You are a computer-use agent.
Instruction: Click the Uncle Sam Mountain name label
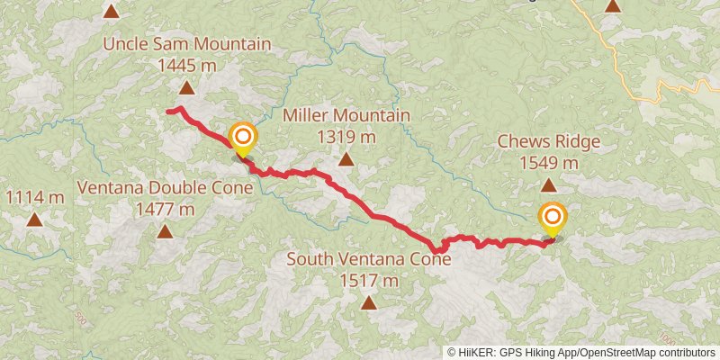pos(187,44)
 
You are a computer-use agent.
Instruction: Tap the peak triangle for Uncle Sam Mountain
pos(186,87)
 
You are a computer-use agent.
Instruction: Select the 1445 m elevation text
pos(187,65)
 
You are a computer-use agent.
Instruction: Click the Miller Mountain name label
pos(346,115)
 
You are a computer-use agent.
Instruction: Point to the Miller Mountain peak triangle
pos(346,159)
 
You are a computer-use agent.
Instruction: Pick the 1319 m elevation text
pos(346,137)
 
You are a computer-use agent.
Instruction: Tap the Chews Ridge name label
pos(548,141)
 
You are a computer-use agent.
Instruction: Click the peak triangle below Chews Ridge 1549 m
pos(548,184)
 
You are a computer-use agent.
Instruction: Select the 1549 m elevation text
pos(548,163)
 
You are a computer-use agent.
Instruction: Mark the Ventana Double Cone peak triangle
pos(165,231)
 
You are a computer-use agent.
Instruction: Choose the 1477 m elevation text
pos(165,210)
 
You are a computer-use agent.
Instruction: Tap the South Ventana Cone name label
pos(369,259)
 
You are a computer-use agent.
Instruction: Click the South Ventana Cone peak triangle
pos(369,302)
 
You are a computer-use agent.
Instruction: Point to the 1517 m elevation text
pos(369,281)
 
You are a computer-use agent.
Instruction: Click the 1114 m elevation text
pos(34,197)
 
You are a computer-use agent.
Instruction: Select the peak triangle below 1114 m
pos(34,219)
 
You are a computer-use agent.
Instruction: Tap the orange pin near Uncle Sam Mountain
pos(243,139)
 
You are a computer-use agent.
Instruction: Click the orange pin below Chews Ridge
pos(552,219)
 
